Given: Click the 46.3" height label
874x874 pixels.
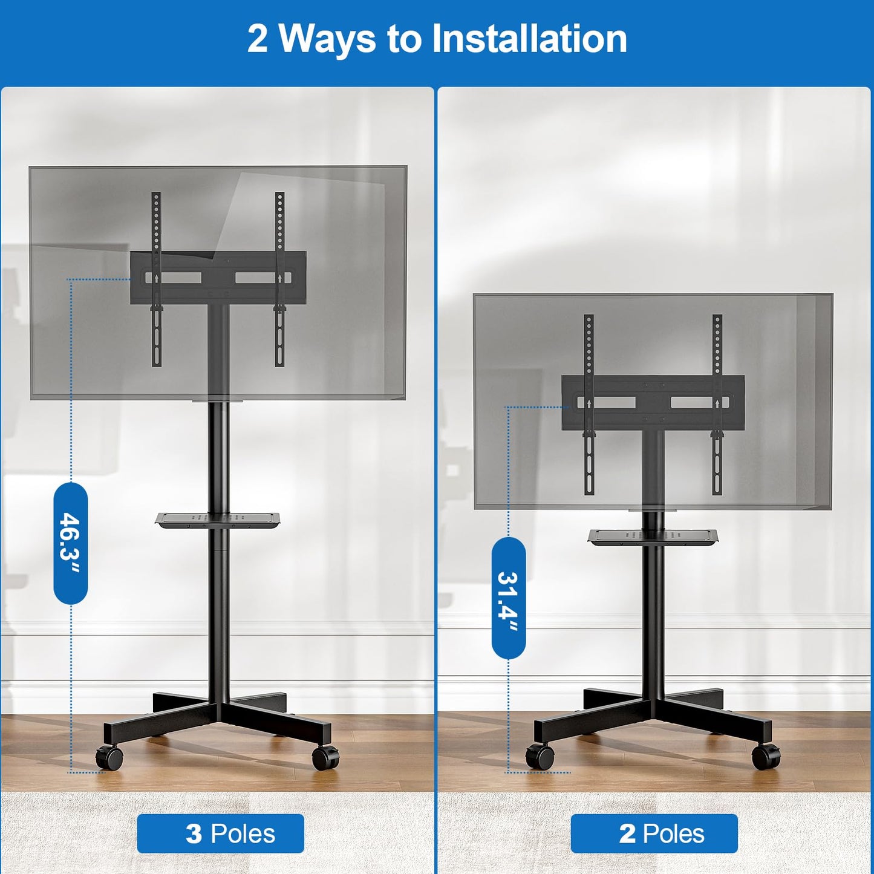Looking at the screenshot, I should pyautogui.click(x=71, y=543).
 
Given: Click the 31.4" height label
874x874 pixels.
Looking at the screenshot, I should pyautogui.click(x=508, y=598).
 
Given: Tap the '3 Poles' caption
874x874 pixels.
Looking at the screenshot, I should pyautogui.click(x=221, y=833).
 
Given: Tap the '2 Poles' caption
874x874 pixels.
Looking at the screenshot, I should pyautogui.click(x=654, y=833).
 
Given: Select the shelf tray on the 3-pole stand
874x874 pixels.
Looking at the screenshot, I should pyautogui.click(x=219, y=520).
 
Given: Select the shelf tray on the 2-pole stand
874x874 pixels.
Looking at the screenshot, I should pyautogui.click(x=653, y=536).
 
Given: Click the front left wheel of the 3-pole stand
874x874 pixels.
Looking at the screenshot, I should pyautogui.click(x=109, y=757).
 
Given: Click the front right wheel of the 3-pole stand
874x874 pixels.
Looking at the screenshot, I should pyautogui.click(x=325, y=757).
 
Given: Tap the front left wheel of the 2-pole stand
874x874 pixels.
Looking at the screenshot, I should pyautogui.click(x=540, y=756).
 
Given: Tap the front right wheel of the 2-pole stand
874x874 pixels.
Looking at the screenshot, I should pyautogui.click(x=766, y=756).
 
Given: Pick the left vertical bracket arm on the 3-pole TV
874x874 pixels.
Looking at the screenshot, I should pyautogui.click(x=156, y=278).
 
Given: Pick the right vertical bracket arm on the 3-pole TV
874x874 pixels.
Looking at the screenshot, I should pyautogui.click(x=279, y=278).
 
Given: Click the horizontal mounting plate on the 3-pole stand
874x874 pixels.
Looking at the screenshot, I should pyautogui.click(x=218, y=277).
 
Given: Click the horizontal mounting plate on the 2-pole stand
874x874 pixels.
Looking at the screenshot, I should pyautogui.click(x=653, y=402).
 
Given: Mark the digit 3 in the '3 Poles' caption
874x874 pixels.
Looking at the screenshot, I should pyautogui.click(x=194, y=833).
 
